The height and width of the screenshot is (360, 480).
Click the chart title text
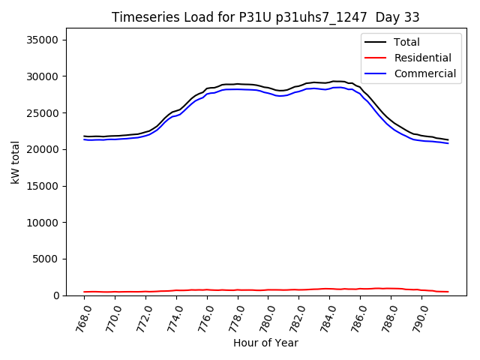265,17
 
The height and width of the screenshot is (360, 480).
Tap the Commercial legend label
425,73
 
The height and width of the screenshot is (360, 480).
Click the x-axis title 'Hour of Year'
265,343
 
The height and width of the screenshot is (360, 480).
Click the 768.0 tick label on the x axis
82,316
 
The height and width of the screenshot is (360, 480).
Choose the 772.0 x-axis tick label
143,316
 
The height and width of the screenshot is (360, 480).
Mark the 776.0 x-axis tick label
205,316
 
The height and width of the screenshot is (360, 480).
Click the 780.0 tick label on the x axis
265,316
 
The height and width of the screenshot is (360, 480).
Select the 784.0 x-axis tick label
327,316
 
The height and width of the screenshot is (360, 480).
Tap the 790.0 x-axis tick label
418,316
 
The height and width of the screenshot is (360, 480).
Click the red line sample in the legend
376,58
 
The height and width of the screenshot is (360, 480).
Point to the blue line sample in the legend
376,73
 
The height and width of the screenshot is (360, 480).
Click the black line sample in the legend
376,42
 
